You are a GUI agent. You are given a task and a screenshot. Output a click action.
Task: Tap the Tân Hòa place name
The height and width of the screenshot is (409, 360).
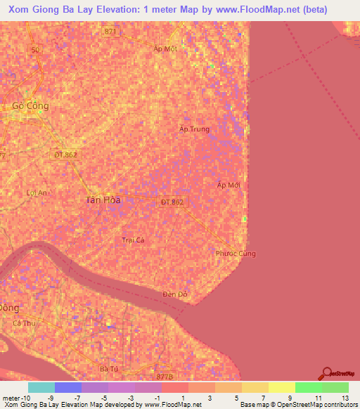(103, 200)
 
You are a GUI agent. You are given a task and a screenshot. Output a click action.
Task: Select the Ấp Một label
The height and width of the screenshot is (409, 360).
(165, 48)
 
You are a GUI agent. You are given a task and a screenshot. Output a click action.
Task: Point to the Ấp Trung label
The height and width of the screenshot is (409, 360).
(194, 129)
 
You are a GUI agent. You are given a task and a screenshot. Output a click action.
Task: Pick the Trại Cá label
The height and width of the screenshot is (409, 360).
(133, 240)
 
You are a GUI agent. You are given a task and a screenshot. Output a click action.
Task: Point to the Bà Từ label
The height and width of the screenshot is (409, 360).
(108, 368)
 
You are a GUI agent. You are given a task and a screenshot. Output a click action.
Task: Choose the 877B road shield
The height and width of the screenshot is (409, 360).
(165, 377)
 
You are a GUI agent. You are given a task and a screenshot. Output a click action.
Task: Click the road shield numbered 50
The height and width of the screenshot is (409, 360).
(36, 49)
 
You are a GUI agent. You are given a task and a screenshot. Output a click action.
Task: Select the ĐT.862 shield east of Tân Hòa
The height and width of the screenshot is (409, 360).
(172, 202)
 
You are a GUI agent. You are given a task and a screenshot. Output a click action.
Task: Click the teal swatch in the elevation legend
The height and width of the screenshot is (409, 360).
(41, 387)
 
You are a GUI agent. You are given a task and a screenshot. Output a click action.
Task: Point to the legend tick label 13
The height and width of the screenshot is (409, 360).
(345, 398)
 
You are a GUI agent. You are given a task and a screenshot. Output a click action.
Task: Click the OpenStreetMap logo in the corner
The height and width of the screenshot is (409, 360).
(328, 373)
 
